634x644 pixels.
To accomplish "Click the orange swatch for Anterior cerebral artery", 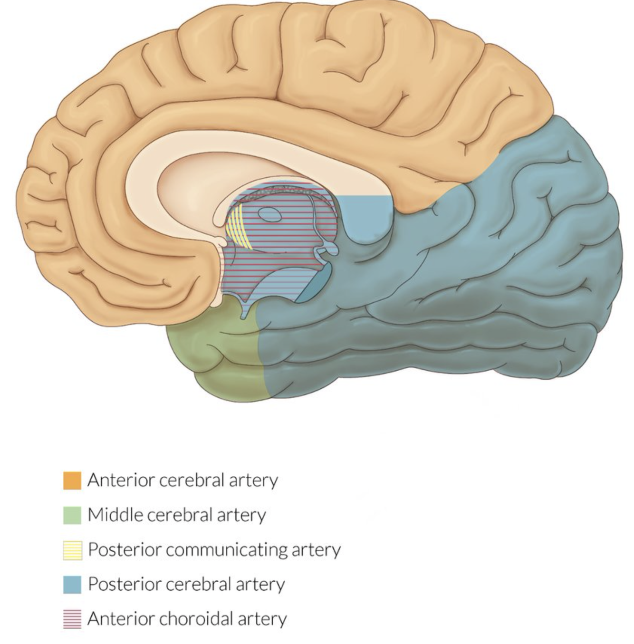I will pos(72,481).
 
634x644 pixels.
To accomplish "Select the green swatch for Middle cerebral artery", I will pos(72,515).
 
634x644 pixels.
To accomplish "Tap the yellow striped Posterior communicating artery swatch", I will pos(72,550).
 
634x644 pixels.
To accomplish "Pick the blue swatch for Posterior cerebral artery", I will pos(72,584).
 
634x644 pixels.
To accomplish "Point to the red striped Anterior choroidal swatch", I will pos(72,619).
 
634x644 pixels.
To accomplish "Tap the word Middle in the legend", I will pos(115,515).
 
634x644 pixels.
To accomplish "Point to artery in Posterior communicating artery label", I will pos(316,550).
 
